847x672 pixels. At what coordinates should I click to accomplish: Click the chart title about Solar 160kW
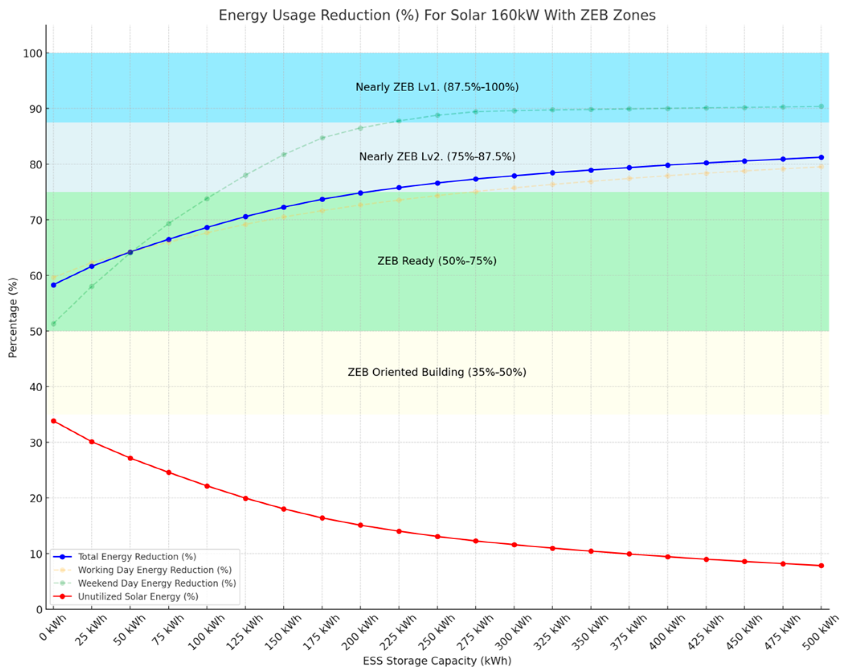tap(437, 15)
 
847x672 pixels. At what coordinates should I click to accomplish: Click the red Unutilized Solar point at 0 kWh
tap(53, 421)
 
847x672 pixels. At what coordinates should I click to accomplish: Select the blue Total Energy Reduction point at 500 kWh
tap(821, 157)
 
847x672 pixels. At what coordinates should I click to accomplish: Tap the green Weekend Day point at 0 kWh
tap(53, 324)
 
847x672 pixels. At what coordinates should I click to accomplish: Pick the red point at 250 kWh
tap(438, 536)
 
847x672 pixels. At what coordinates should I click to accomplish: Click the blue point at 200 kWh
tap(360, 193)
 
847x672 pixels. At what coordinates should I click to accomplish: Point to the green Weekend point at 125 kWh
tap(246, 175)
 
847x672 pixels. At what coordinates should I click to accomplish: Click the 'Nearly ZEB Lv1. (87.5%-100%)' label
tap(437, 87)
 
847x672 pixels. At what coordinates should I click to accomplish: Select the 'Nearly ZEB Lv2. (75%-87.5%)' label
tap(437, 156)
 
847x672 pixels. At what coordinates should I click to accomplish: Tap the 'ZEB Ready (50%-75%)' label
tap(437, 261)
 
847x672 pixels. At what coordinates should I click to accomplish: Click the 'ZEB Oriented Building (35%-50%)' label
tap(437, 372)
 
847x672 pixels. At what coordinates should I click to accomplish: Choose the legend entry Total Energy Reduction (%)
tap(137, 557)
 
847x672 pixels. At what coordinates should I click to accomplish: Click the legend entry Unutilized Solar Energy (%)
tap(138, 596)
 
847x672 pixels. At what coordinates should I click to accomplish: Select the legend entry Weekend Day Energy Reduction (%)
tap(157, 583)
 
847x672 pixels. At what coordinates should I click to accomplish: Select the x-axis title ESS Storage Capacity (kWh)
tap(437, 661)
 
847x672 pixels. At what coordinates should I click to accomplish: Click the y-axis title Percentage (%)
tap(13, 317)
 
